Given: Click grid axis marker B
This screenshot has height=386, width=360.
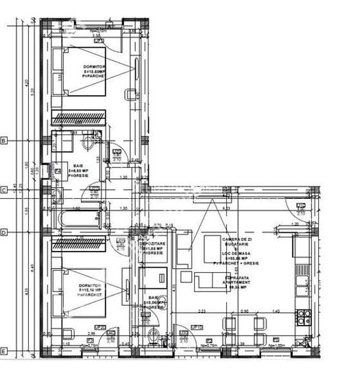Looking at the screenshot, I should [3, 141].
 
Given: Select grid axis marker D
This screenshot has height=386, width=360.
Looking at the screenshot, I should [3, 232].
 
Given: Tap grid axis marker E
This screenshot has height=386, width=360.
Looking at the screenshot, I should [3, 352].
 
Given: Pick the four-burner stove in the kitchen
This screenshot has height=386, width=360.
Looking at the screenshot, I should [302, 317].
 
